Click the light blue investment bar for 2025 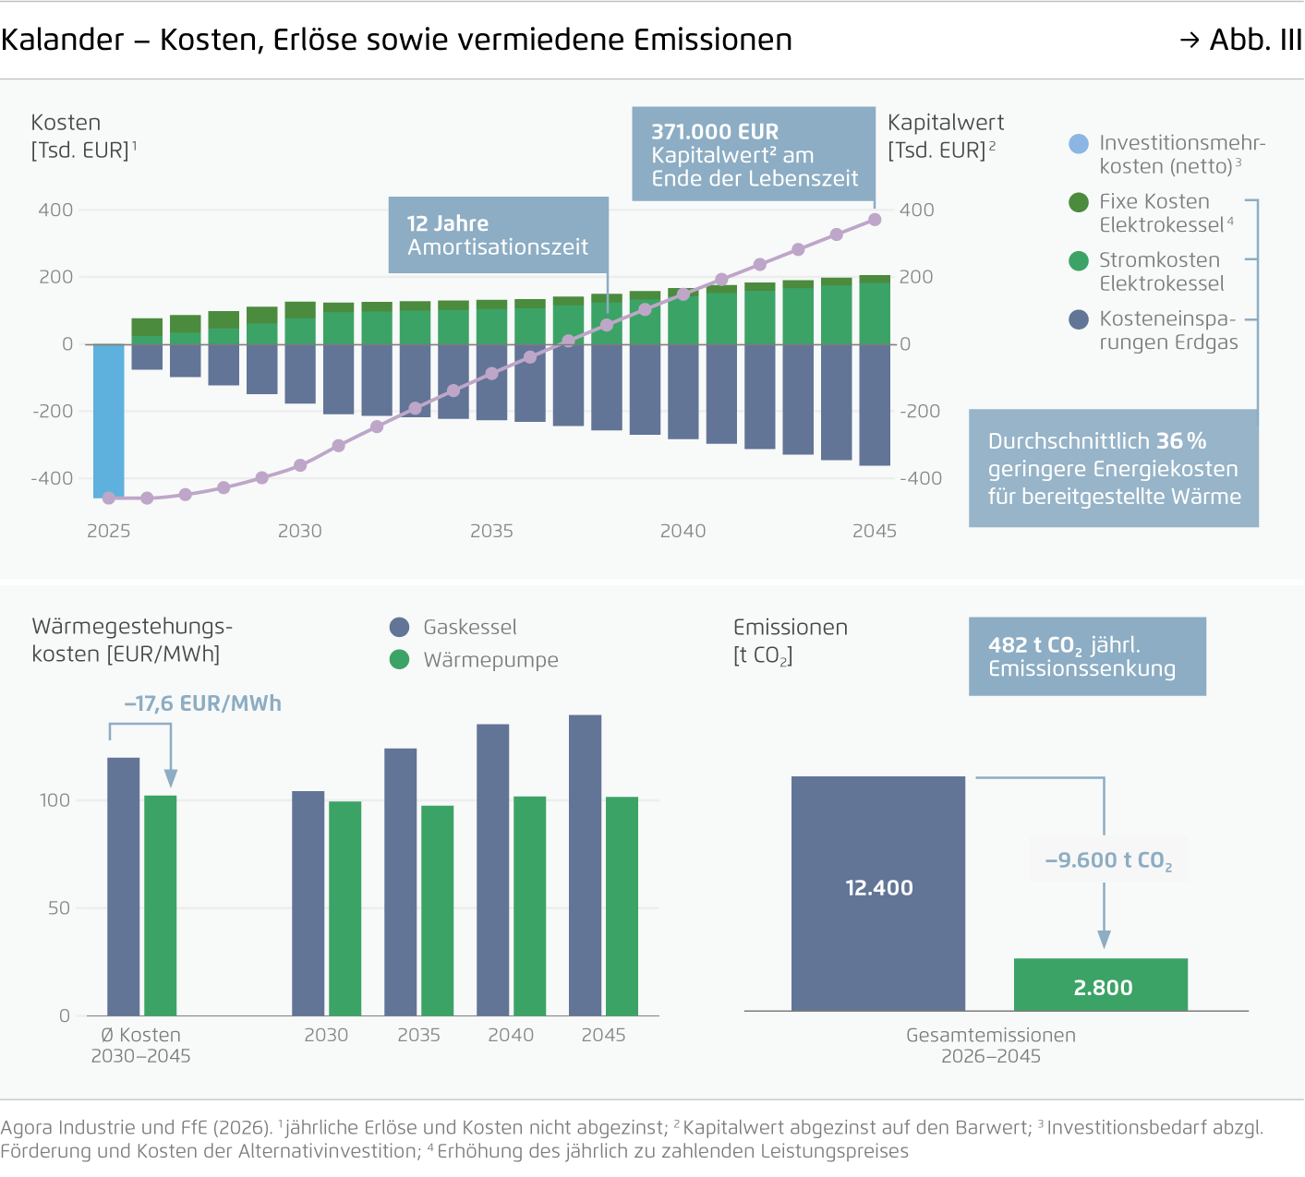pos(109,420)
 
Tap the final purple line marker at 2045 pos(875,220)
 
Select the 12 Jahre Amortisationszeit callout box pos(498,234)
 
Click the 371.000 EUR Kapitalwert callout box pos(754,154)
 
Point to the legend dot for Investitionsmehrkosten pos(1079,144)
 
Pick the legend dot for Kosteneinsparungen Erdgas pos(1079,319)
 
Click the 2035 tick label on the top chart pos(491,531)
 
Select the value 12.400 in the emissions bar pos(879,888)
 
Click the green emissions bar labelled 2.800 pos(1101,985)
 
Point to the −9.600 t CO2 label pos(1108,860)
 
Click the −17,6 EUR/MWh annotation pos(203,703)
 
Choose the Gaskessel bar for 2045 pos(586,865)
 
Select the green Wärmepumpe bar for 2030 pos(345,908)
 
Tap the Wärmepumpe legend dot pos(399,660)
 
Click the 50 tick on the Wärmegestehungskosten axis pos(59,908)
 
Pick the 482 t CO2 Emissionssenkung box pos(1087,656)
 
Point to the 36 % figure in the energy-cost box pos(1181,441)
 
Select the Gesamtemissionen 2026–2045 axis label pos(990,1045)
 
